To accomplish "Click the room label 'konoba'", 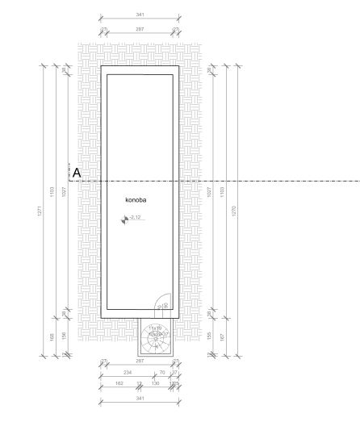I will coord(135,198).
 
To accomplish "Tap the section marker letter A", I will coord(77,173).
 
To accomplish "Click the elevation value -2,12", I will coord(136,218).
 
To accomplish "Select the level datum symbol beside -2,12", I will coord(124,219).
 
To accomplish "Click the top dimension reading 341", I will coord(140,14).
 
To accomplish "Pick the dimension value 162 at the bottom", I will coord(119,383).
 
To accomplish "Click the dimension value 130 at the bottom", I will coord(155,383).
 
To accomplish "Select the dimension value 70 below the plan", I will coord(162,372).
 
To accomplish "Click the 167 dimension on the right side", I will coord(222,336).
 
